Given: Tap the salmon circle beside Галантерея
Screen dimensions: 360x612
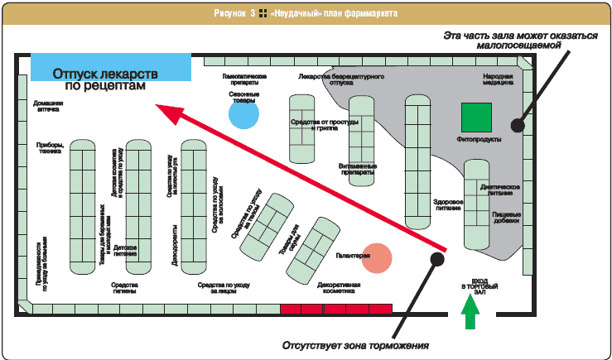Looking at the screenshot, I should [377, 258].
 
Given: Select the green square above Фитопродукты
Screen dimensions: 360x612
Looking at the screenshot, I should [477, 118].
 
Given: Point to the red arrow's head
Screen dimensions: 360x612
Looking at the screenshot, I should [162, 108].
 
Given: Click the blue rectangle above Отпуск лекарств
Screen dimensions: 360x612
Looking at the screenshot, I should [111, 62].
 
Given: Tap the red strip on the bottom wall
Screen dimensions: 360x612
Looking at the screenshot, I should [335, 309].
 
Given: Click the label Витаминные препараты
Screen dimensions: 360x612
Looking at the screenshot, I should [359, 169].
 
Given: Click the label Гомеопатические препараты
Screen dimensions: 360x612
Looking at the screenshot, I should [244, 79].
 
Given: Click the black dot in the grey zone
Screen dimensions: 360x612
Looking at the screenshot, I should [518, 125].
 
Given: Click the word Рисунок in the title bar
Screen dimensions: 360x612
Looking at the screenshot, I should [231, 14].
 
